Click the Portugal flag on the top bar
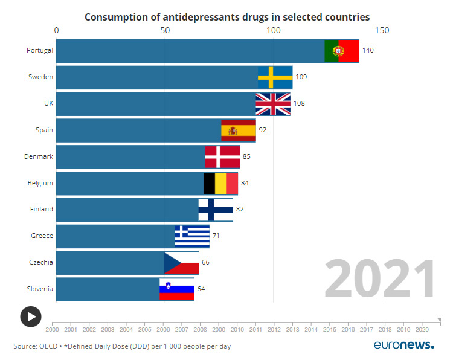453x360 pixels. (342, 50)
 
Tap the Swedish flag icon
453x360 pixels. (275, 77)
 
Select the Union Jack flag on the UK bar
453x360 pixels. (273, 103)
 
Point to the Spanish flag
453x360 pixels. (239, 130)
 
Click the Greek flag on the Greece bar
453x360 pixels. (192, 236)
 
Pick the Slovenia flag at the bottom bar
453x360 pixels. (177, 289)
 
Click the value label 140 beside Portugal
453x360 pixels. (368, 50)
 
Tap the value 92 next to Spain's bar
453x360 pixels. (262, 130)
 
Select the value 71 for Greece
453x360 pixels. (216, 236)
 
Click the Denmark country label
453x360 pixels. (39, 156)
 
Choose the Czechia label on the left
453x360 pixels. (40, 262)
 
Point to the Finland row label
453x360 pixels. (41, 209)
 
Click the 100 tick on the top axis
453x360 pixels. (273, 30)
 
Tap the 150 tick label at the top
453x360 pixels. (382, 30)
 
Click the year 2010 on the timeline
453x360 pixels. (237, 330)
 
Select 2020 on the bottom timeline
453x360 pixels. (422, 330)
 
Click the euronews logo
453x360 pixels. (403, 346)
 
